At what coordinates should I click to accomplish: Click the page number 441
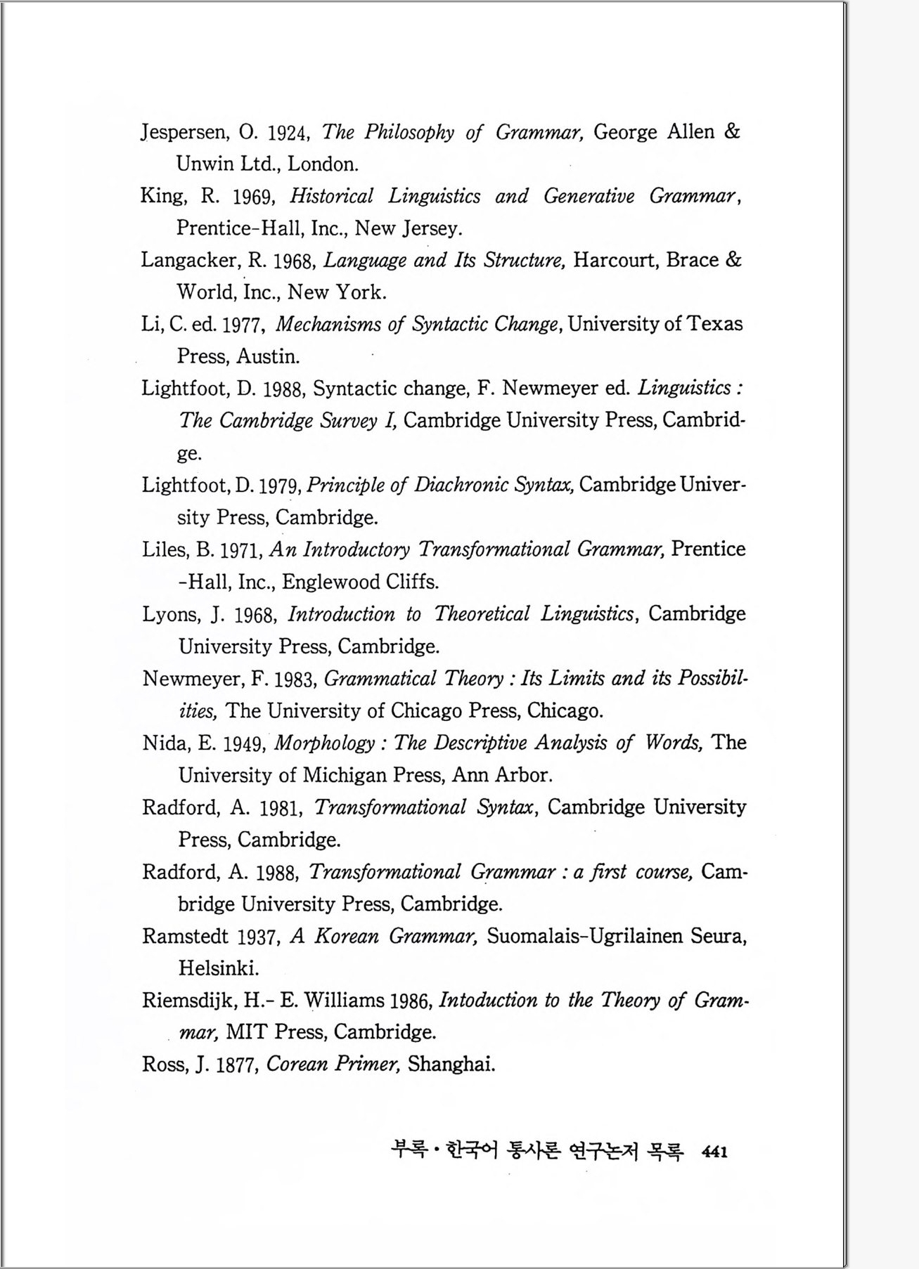pos(714,1152)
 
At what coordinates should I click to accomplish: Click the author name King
pos(162,196)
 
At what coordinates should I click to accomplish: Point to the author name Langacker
pos(190,261)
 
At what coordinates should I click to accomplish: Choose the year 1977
pos(242,325)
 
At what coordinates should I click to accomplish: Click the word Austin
pos(268,356)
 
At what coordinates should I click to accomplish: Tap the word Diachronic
pos(456,485)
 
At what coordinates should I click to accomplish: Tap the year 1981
pos(281,808)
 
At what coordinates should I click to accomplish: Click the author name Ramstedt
pos(185,937)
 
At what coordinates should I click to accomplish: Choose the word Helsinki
pos(218,968)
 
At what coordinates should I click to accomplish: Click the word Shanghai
pos(451,1064)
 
